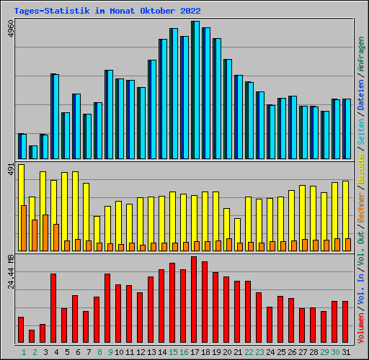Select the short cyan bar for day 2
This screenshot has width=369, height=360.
click(x=34, y=152)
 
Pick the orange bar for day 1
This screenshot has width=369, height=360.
click(x=24, y=228)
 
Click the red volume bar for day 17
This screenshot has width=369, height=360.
click(x=194, y=300)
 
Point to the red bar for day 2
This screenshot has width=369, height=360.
click(x=32, y=336)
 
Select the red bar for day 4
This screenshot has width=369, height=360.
click(x=53, y=308)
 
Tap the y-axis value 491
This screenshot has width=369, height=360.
click(x=9, y=170)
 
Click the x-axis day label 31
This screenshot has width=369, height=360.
click(x=346, y=352)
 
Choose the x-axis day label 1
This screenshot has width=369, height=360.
click(x=24, y=352)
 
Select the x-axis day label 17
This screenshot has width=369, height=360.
click(x=195, y=352)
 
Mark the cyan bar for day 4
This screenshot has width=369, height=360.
click(x=55, y=116)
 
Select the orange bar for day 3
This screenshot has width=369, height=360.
click(x=45, y=233)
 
